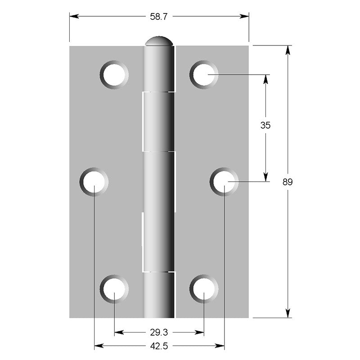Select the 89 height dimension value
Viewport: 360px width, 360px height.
pos(288,182)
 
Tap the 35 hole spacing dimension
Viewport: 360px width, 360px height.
pos(265,126)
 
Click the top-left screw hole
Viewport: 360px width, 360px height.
pos(114,74)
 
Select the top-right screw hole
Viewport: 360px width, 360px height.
pos(204,74)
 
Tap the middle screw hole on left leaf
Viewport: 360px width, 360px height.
pos(94,182)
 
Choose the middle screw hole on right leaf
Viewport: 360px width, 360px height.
pos(224,182)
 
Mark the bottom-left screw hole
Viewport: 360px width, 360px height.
pos(114,288)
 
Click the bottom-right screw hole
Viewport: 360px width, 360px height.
pos(204,288)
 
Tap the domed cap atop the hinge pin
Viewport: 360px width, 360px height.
pos(159,41)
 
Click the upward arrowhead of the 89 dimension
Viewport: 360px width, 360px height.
pos(288,50)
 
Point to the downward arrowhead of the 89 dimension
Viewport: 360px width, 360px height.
pos(288,313)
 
